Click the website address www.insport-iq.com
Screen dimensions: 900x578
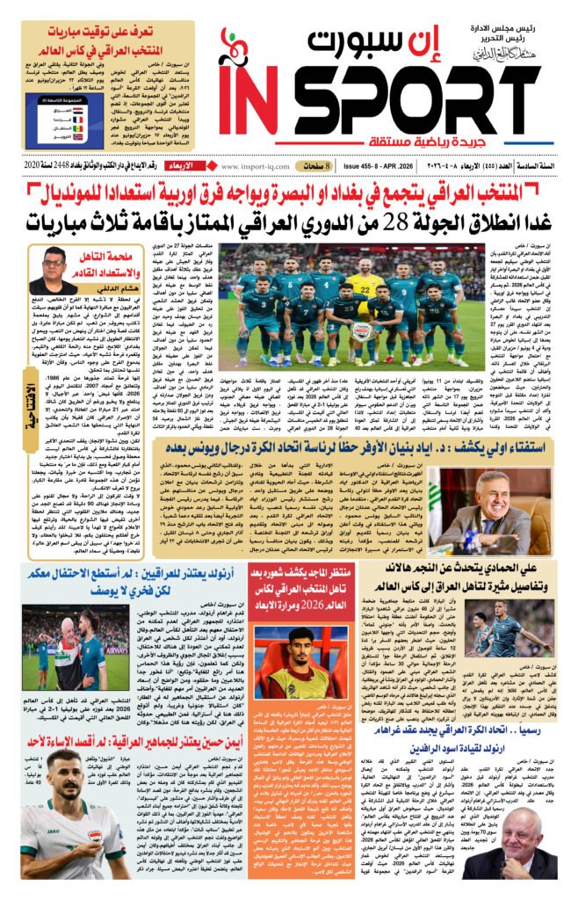[259, 164]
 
